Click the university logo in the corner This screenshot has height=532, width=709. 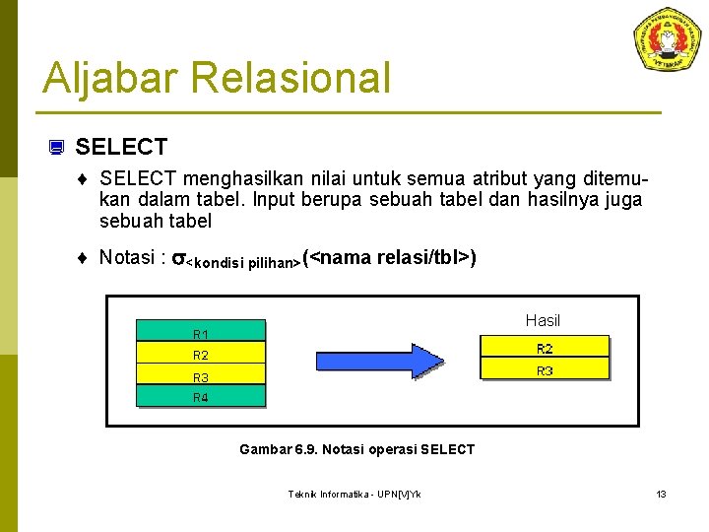(x=667, y=39)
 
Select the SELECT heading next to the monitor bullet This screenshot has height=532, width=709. (x=121, y=148)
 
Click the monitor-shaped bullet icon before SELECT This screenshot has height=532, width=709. (x=56, y=149)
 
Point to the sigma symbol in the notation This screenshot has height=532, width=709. (x=178, y=259)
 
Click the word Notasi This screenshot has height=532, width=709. (x=129, y=258)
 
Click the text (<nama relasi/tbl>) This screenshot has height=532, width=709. (x=390, y=258)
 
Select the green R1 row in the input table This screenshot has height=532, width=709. (x=201, y=331)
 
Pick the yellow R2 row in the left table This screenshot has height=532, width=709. (x=201, y=354)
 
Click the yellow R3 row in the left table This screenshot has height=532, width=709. (x=201, y=375)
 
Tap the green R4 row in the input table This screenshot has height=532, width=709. (x=201, y=396)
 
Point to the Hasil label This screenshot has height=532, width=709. (x=543, y=320)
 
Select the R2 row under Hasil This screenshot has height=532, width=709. (x=544, y=348)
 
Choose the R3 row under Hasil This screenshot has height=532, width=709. (x=544, y=370)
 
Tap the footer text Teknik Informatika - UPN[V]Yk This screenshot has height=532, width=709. (x=354, y=494)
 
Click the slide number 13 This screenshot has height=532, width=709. (x=661, y=494)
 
